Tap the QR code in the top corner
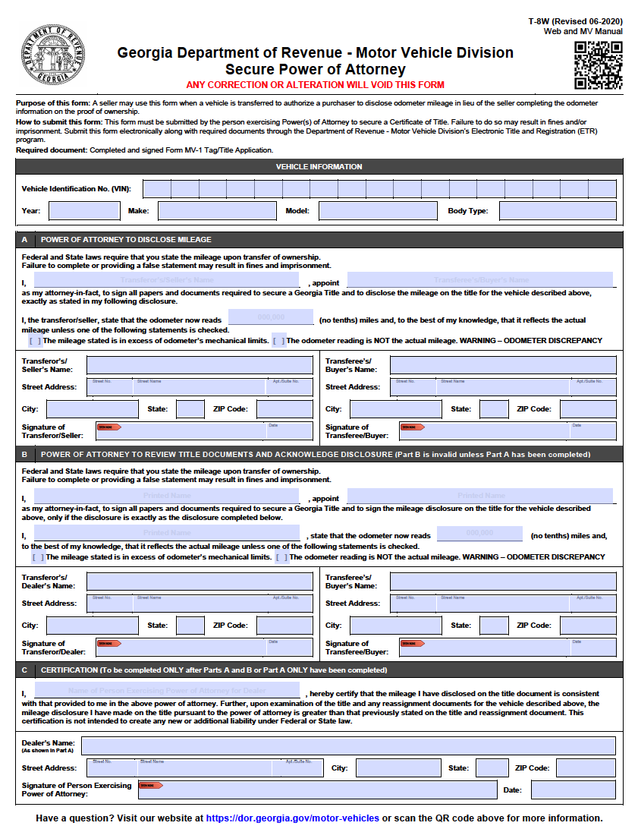tap(598, 65)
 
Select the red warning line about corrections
tap(315, 84)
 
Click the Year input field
tap(84, 211)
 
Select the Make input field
tap(217, 211)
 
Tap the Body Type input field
tap(558, 211)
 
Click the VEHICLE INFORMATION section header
tap(319, 166)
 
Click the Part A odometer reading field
tap(271, 317)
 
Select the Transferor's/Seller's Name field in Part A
tap(200, 365)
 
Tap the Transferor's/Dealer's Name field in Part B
tap(200, 582)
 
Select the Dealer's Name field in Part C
tap(348, 745)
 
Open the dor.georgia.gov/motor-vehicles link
tap(292, 818)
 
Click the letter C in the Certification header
tap(24, 670)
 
